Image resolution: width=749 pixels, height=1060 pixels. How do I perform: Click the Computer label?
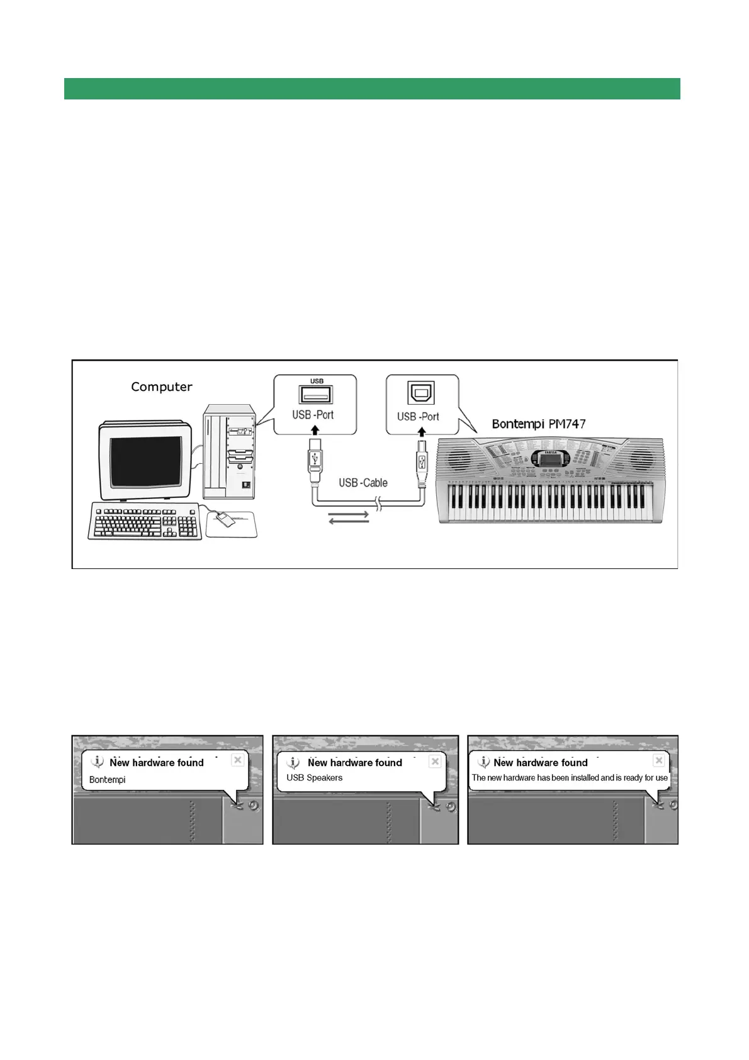point(161,386)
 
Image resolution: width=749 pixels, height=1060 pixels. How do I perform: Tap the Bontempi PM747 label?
point(538,424)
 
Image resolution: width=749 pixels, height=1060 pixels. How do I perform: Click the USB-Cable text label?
point(363,483)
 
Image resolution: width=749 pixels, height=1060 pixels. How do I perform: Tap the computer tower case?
point(229,451)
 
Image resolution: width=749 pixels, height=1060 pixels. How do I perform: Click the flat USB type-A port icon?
point(315,395)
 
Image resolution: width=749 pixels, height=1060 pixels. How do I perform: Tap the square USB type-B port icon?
point(421,393)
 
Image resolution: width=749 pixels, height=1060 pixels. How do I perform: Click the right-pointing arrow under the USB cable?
point(348,514)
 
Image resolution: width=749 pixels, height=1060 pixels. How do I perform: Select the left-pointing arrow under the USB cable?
point(348,522)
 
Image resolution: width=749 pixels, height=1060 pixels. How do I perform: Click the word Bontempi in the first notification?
point(107,780)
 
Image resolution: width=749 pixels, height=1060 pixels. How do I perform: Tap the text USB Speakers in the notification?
point(314,778)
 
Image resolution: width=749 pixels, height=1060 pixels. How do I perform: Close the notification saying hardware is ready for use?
point(659,760)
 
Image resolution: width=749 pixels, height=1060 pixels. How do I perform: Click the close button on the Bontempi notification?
point(238,760)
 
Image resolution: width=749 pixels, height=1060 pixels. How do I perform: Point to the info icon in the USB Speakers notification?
point(293,763)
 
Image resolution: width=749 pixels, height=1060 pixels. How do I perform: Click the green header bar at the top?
point(372,89)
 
